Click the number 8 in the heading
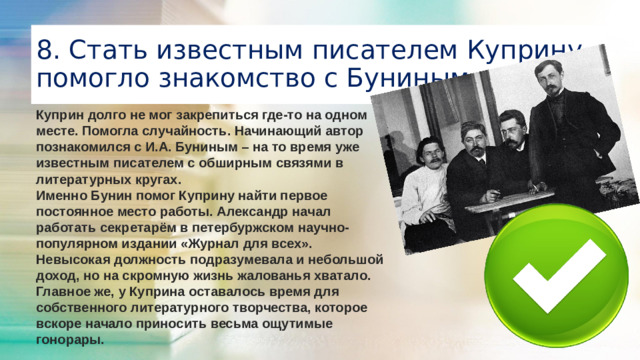pos(43,50)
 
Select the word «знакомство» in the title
pos(242,79)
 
